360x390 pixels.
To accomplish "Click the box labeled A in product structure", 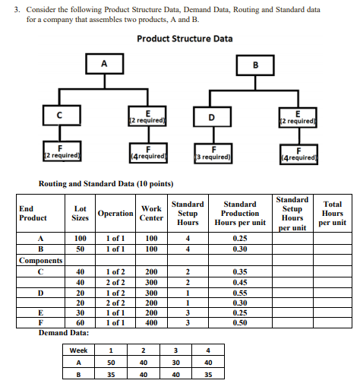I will click(101, 63).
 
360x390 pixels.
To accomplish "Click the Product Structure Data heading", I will click(185, 39).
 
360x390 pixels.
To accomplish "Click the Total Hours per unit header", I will click(332, 213).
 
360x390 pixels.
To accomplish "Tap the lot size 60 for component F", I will click(80, 322).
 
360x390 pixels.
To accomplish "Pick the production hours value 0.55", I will click(241, 292).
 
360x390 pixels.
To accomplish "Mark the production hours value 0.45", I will click(241, 281).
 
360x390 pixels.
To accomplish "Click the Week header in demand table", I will click(79, 350).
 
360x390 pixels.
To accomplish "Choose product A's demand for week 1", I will click(112, 363).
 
